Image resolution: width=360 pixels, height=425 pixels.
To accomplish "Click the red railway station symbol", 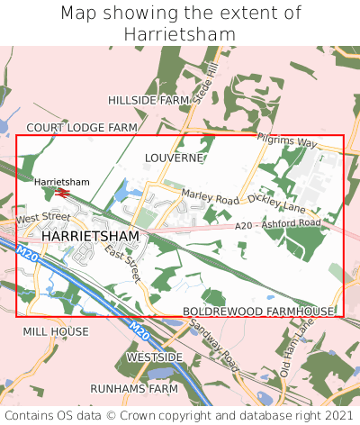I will pos(62,192).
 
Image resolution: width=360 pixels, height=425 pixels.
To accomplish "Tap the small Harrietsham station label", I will pos(62,182).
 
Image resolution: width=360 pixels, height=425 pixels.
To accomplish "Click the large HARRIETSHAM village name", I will pos(90,236).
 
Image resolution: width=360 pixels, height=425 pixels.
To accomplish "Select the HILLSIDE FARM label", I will pos(148,100).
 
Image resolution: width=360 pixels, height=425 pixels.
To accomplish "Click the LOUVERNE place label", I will pos(174,158).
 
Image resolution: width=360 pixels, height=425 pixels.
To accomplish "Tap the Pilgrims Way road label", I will pos(287,142).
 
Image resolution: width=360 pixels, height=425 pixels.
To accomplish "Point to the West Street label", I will pos(42,218).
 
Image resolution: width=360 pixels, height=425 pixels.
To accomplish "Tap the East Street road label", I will pos(123,263).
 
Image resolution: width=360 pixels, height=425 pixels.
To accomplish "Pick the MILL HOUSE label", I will pos(56,331).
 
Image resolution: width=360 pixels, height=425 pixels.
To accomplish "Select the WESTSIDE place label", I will pos(154,357).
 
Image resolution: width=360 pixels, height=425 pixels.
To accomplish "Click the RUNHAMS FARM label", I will pos(139,389).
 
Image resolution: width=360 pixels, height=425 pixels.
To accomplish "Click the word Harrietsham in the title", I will pos(180,34).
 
